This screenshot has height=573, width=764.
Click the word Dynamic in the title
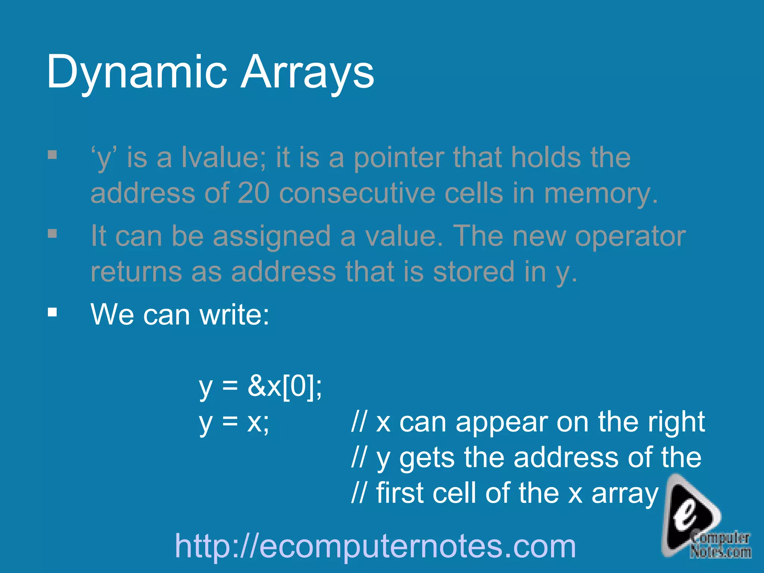(x=137, y=72)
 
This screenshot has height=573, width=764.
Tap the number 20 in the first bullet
(x=254, y=193)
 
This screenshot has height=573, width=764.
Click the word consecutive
(x=357, y=193)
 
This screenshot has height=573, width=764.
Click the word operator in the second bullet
(x=630, y=236)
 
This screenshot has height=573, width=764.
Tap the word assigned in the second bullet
(x=272, y=237)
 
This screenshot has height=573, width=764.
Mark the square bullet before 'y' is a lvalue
(x=52, y=154)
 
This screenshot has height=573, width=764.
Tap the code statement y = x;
(x=234, y=423)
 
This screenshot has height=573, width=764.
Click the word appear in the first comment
(x=502, y=423)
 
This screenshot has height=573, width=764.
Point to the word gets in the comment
(x=427, y=458)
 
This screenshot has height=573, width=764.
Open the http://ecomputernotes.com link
(x=375, y=546)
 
